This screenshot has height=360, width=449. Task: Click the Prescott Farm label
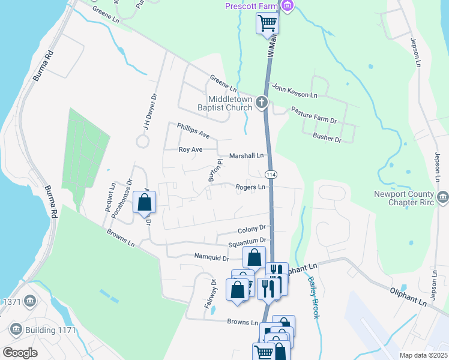click(x=253, y=6)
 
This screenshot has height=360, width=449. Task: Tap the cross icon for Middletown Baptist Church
click(x=261, y=102)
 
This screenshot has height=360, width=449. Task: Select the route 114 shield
click(x=271, y=174)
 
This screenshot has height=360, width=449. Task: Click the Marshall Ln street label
click(x=246, y=155)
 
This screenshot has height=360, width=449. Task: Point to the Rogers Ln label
click(x=250, y=187)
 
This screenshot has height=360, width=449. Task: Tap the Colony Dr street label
click(x=252, y=229)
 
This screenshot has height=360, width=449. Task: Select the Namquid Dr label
click(x=211, y=257)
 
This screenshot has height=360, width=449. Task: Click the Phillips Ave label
click(x=193, y=130)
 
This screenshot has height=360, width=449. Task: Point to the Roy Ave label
click(x=190, y=149)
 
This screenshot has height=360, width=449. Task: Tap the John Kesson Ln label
click(x=294, y=91)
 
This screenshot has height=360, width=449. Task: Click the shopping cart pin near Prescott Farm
click(x=267, y=23)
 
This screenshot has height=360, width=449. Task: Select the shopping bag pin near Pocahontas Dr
click(x=145, y=202)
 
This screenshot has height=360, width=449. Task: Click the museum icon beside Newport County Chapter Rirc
click(x=443, y=197)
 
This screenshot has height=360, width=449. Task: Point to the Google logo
click(x=20, y=353)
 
